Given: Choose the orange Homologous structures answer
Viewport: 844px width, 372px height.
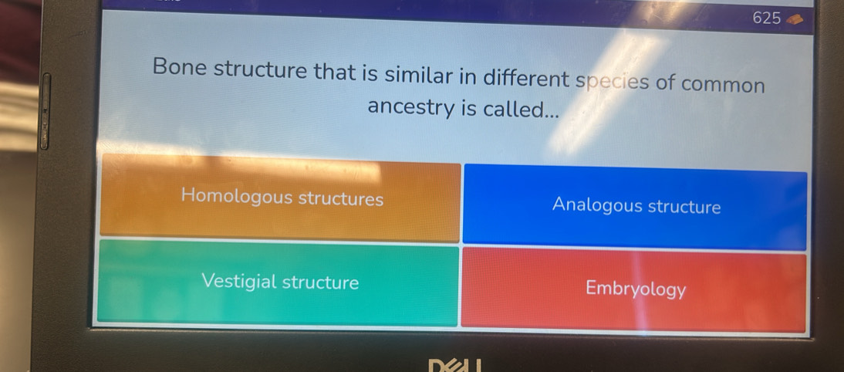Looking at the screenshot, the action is pyautogui.click(x=280, y=197).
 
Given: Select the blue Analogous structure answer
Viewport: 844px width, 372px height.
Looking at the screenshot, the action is pyautogui.click(x=635, y=208).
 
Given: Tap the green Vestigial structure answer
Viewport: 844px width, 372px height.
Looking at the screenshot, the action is pyautogui.click(x=278, y=282).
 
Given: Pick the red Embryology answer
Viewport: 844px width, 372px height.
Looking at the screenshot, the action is pyautogui.click(x=634, y=289).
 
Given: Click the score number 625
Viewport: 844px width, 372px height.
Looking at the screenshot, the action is pyautogui.click(x=767, y=19).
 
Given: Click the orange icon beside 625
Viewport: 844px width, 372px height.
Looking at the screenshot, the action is pyautogui.click(x=795, y=21).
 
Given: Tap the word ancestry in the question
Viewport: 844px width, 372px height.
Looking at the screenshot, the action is pyautogui.click(x=412, y=107).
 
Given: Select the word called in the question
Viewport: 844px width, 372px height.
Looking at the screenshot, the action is pyautogui.click(x=521, y=110).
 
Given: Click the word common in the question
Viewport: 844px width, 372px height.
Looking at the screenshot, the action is pyautogui.click(x=723, y=85).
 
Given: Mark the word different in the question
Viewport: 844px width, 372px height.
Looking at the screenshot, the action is pyautogui.click(x=526, y=79).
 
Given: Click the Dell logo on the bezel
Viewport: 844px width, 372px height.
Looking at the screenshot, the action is pyautogui.click(x=454, y=366).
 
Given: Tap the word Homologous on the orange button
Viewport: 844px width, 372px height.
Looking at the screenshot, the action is pyautogui.click(x=237, y=195).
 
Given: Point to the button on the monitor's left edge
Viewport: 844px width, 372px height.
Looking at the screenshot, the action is pyautogui.click(x=45, y=111).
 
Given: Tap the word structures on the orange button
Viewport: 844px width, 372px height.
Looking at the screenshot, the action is pyautogui.click(x=341, y=199).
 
